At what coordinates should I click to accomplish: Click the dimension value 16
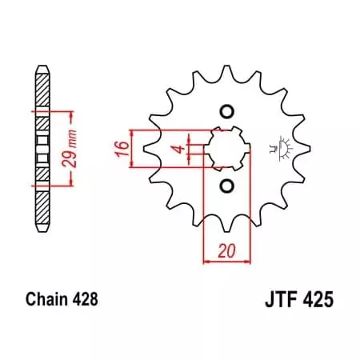[x=118, y=148]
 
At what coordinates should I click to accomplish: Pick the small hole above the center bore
[x=226, y=110]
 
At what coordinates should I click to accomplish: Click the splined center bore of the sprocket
[x=226, y=149]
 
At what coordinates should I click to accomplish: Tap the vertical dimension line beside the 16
[x=130, y=148]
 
